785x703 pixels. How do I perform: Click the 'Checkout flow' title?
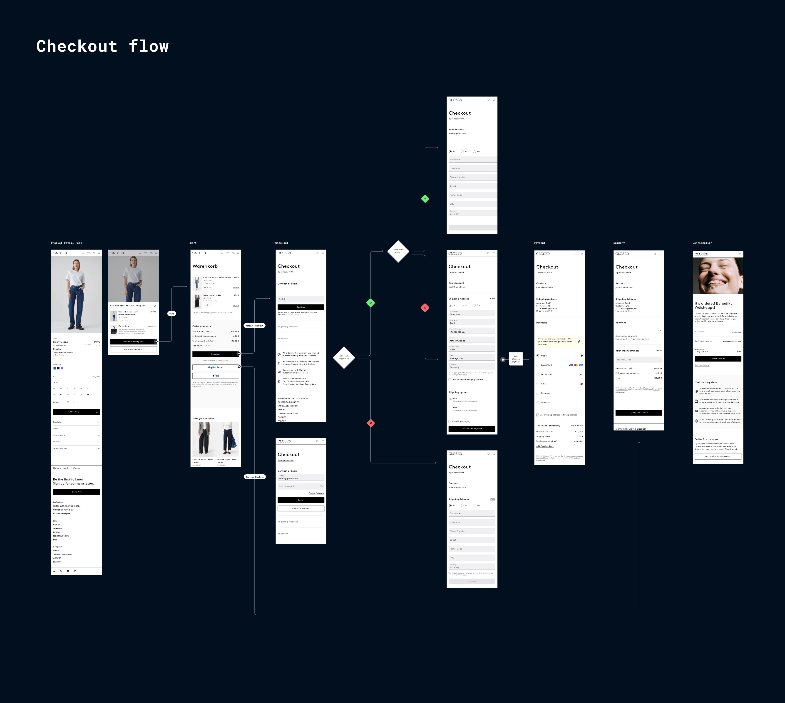point(102,46)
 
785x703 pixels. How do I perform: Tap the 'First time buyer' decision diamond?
point(398,251)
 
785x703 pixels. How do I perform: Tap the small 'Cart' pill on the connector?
point(171,314)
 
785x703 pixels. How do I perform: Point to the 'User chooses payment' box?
point(516,359)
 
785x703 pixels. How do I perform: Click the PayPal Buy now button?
point(216,367)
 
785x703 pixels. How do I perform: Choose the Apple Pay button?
point(216,375)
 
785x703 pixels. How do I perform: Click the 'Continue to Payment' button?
point(472,429)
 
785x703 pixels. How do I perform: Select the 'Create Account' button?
point(718,359)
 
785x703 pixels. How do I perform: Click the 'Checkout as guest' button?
point(301,508)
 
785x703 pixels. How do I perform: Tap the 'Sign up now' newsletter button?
point(76,492)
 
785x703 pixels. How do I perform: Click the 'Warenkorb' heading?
point(205,266)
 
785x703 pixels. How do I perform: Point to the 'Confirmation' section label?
point(702,243)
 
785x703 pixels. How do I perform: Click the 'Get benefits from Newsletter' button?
point(718,456)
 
